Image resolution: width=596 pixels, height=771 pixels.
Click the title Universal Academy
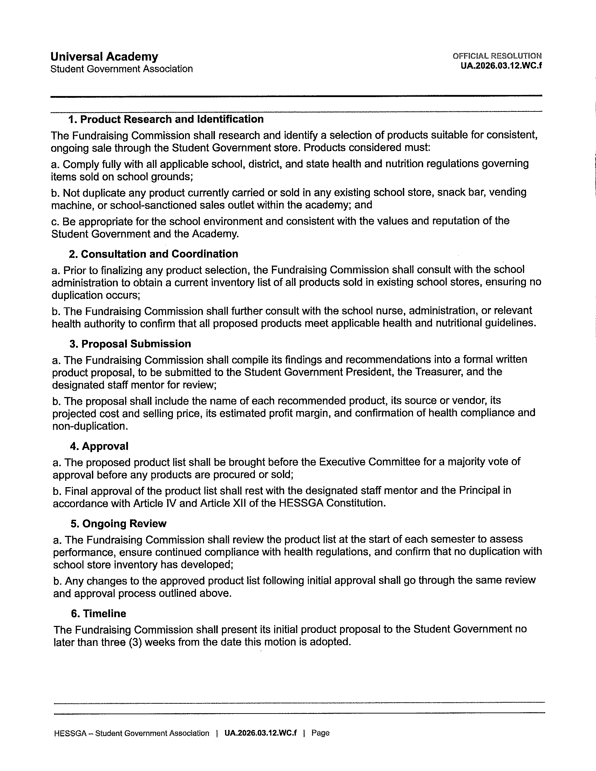tap(104, 56)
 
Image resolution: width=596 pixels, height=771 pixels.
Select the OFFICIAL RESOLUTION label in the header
tap(497, 56)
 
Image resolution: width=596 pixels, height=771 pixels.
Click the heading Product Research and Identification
tap(166, 119)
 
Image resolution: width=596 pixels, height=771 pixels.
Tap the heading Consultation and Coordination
tap(154, 254)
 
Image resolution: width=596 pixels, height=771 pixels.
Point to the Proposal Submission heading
tap(130, 343)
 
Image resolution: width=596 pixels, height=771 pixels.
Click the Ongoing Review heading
tap(118, 523)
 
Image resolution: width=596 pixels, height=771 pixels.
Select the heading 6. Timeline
tap(99, 613)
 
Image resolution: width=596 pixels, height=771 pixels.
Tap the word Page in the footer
tap(320, 733)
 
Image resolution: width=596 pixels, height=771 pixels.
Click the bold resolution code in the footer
tap(260, 733)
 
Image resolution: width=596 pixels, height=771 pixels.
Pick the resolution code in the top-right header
tap(501, 66)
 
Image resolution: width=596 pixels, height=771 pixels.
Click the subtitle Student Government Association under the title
tap(122, 69)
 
